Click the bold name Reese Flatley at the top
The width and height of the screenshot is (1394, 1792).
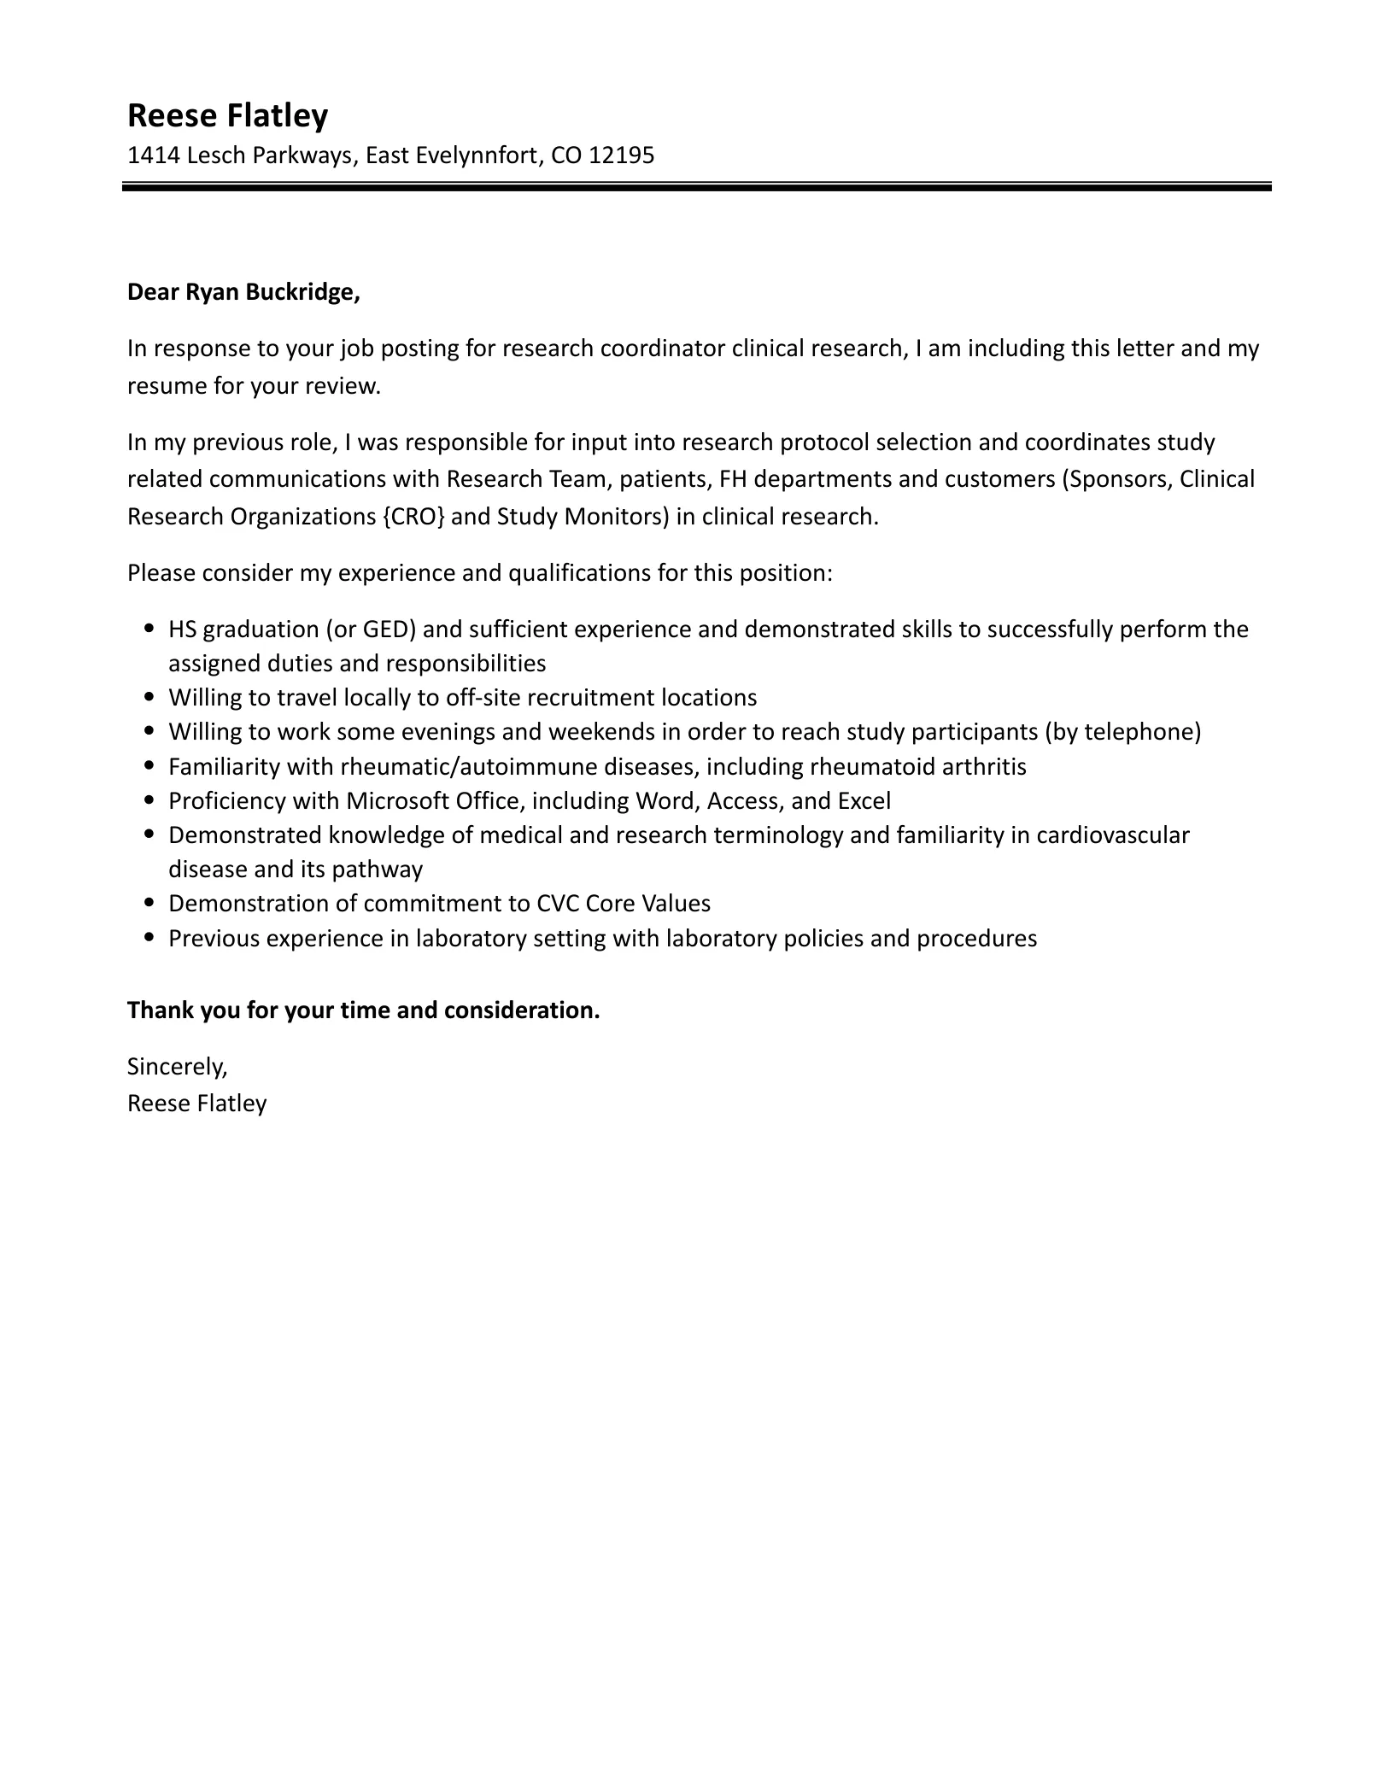[x=227, y=115]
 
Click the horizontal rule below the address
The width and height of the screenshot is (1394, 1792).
[x=696, y=186]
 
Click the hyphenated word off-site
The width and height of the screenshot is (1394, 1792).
[x=483, y=698]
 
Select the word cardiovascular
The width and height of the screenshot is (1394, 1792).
[x=1112, y=835]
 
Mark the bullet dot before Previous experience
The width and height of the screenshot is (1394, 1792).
[x=150, y=938]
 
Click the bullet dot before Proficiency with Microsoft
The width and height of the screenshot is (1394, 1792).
[x=150, y=801]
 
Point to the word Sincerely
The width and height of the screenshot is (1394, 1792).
[x=177, y=1067]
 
